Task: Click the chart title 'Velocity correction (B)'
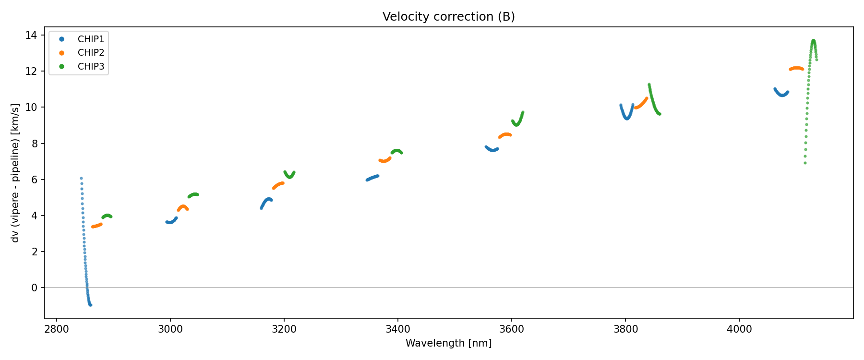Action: click(448, 17)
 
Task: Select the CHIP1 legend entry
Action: click(91, 39)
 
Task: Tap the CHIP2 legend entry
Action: click(91, 53)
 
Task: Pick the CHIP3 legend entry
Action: click(91, 67)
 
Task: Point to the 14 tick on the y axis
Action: click(32, 35)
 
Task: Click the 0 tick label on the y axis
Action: click(34, 288)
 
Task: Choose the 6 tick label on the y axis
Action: click(34, 180)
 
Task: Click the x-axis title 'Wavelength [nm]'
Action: click(448, 343)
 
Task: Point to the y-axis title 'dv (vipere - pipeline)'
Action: click(15, 173)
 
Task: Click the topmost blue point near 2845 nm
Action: click(81, 178)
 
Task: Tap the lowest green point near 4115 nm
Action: click(805, 163)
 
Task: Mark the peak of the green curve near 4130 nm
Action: click(813, 41)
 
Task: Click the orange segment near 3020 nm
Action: click(183, 207)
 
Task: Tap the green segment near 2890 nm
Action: click(107, 216)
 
